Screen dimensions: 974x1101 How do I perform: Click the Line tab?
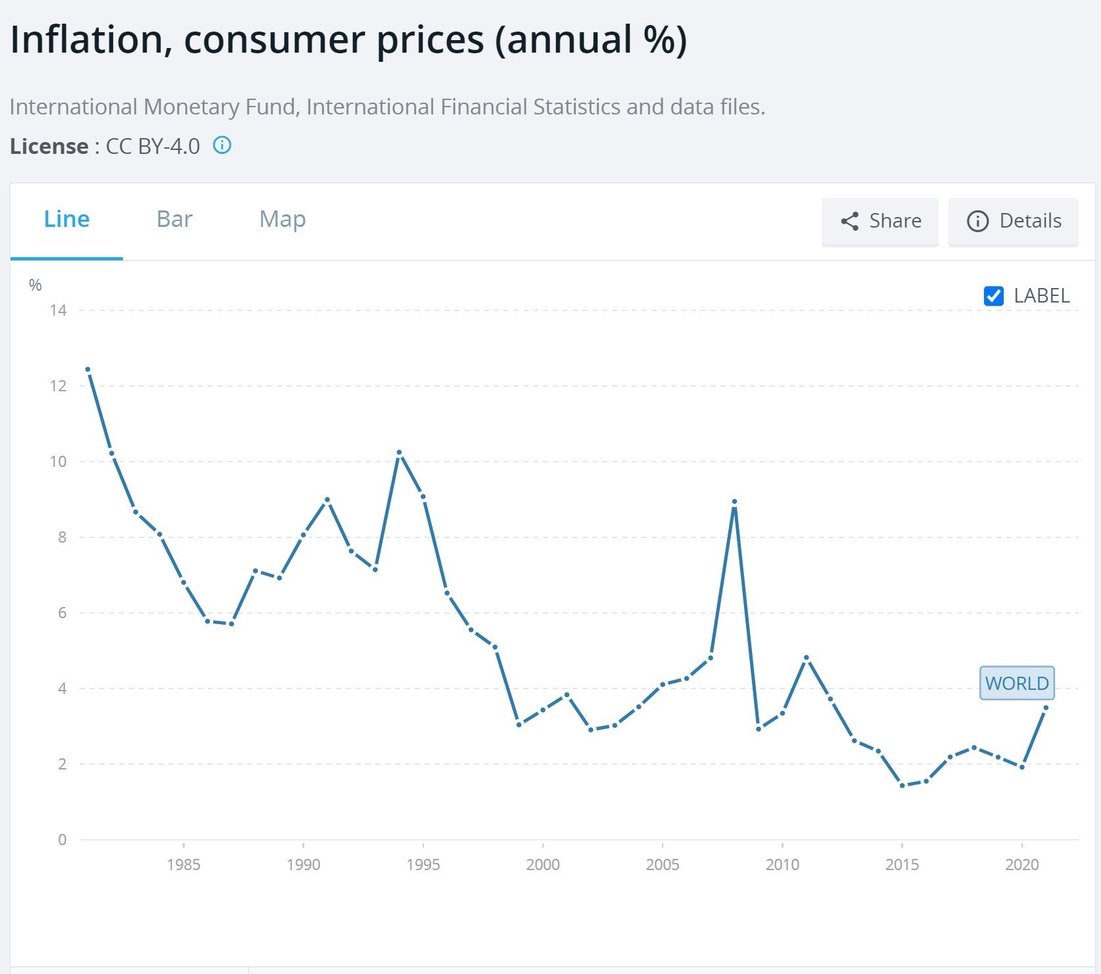66,220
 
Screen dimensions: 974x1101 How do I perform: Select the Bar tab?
174,220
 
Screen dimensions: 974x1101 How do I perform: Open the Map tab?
283,220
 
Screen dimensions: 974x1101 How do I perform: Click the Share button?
879,222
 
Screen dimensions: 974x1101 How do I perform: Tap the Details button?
1013,222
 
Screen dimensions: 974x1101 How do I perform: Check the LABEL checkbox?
993,296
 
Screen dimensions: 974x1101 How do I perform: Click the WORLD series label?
1016,683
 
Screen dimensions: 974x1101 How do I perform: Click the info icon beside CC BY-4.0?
222,145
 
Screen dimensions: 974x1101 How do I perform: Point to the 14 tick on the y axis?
59,310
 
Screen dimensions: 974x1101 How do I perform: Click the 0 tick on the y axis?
62,840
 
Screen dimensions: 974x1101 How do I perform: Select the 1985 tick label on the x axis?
183,864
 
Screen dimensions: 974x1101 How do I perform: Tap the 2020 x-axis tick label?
1021,864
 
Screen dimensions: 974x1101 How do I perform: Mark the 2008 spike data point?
734,502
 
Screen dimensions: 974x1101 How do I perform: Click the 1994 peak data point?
399,452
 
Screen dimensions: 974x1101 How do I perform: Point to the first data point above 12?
87,370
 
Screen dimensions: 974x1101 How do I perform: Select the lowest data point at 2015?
902,785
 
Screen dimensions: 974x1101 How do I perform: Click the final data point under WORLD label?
1046,708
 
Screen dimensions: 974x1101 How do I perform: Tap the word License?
49,146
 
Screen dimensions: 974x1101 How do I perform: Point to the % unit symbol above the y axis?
35,285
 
